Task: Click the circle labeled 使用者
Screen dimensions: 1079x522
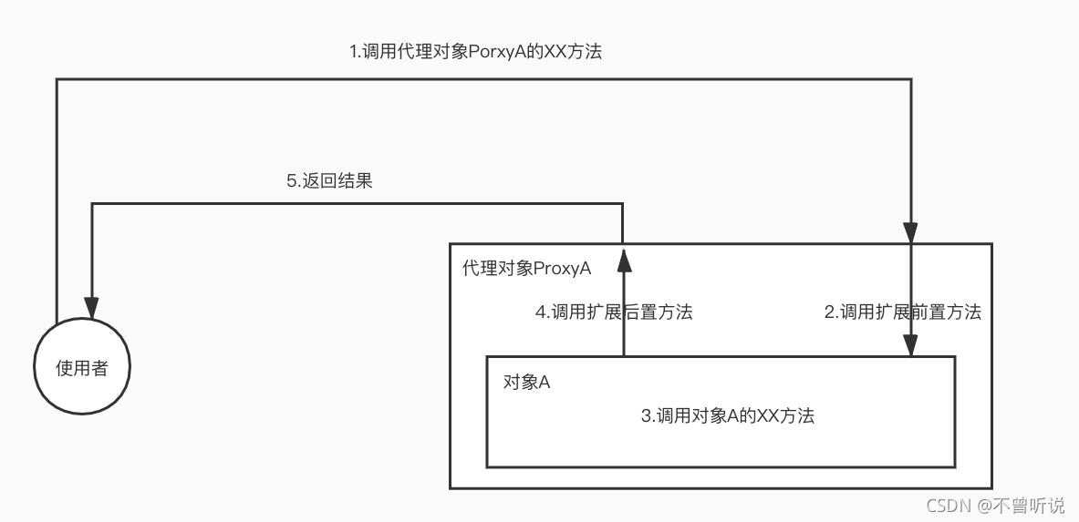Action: pyautogui.click(x=82, y=368)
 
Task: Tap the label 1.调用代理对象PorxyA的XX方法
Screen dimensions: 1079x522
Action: pyautogui.click(x=476, y=52)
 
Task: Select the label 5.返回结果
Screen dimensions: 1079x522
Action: pyautogui.click(x=329, y=180)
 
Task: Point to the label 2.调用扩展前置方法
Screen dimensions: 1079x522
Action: pyautogui.click(x=903, y=312)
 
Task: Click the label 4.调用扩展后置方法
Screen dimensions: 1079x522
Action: pyautogui.click(x=614, y=312)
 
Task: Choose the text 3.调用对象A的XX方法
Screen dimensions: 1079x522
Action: pyautogui.click(x=727, y=416)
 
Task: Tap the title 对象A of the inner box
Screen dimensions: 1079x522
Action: pyautogui.click(x=526, y=382)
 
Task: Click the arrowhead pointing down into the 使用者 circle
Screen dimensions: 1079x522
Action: pyautogui.click(x=91, y=306)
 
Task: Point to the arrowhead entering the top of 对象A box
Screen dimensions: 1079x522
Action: pyautogui.click(x=910, y=345)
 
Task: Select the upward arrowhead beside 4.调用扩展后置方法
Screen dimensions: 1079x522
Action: pyautogui.click(x=623, y=261)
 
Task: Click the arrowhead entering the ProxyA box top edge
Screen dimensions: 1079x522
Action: pyautogui.click(x=910, y=232)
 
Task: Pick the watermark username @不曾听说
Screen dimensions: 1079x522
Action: pyautogui.click(x=1022, y=505)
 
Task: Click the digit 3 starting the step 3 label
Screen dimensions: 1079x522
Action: pyautogui.click(x=646, y=417)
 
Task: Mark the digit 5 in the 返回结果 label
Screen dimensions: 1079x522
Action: pyautogui.click(x=291, y=181)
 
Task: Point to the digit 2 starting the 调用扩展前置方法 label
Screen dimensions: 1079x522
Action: pyautogui.click(x=829, y=312)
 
